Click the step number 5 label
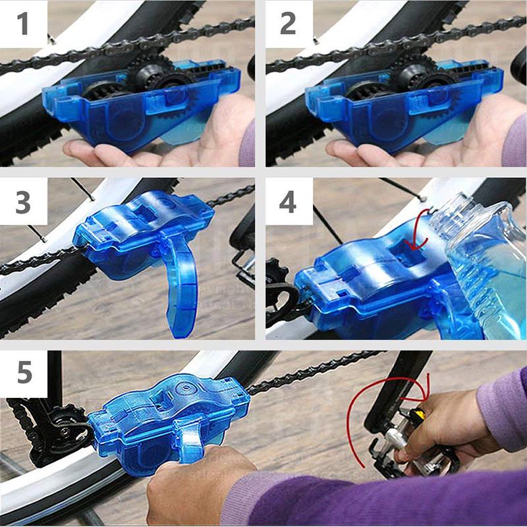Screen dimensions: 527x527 [24, 373]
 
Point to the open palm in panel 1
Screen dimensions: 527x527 [132, 153]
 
